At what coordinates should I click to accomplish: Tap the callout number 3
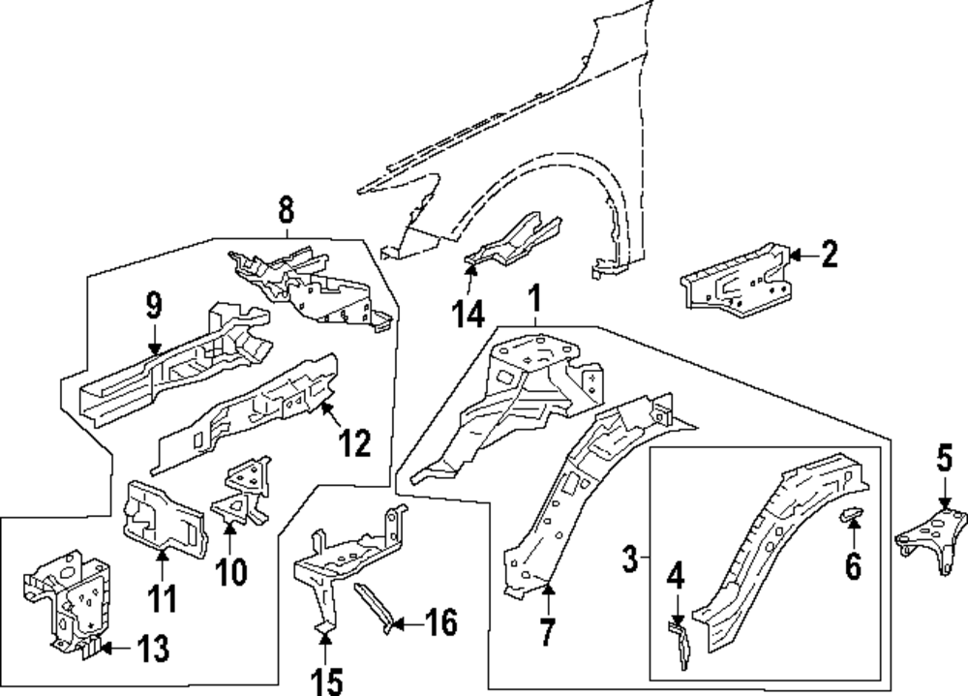coord(630,559)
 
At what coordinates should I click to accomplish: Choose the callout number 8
coord(287,209)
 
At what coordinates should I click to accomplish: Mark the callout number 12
coord(354,444)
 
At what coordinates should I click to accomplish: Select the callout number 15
coord(327,681)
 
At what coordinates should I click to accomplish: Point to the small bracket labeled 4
coord(681,644)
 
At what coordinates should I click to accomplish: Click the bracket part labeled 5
coord(933,537)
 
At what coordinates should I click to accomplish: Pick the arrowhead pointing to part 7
coord(547,585)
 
